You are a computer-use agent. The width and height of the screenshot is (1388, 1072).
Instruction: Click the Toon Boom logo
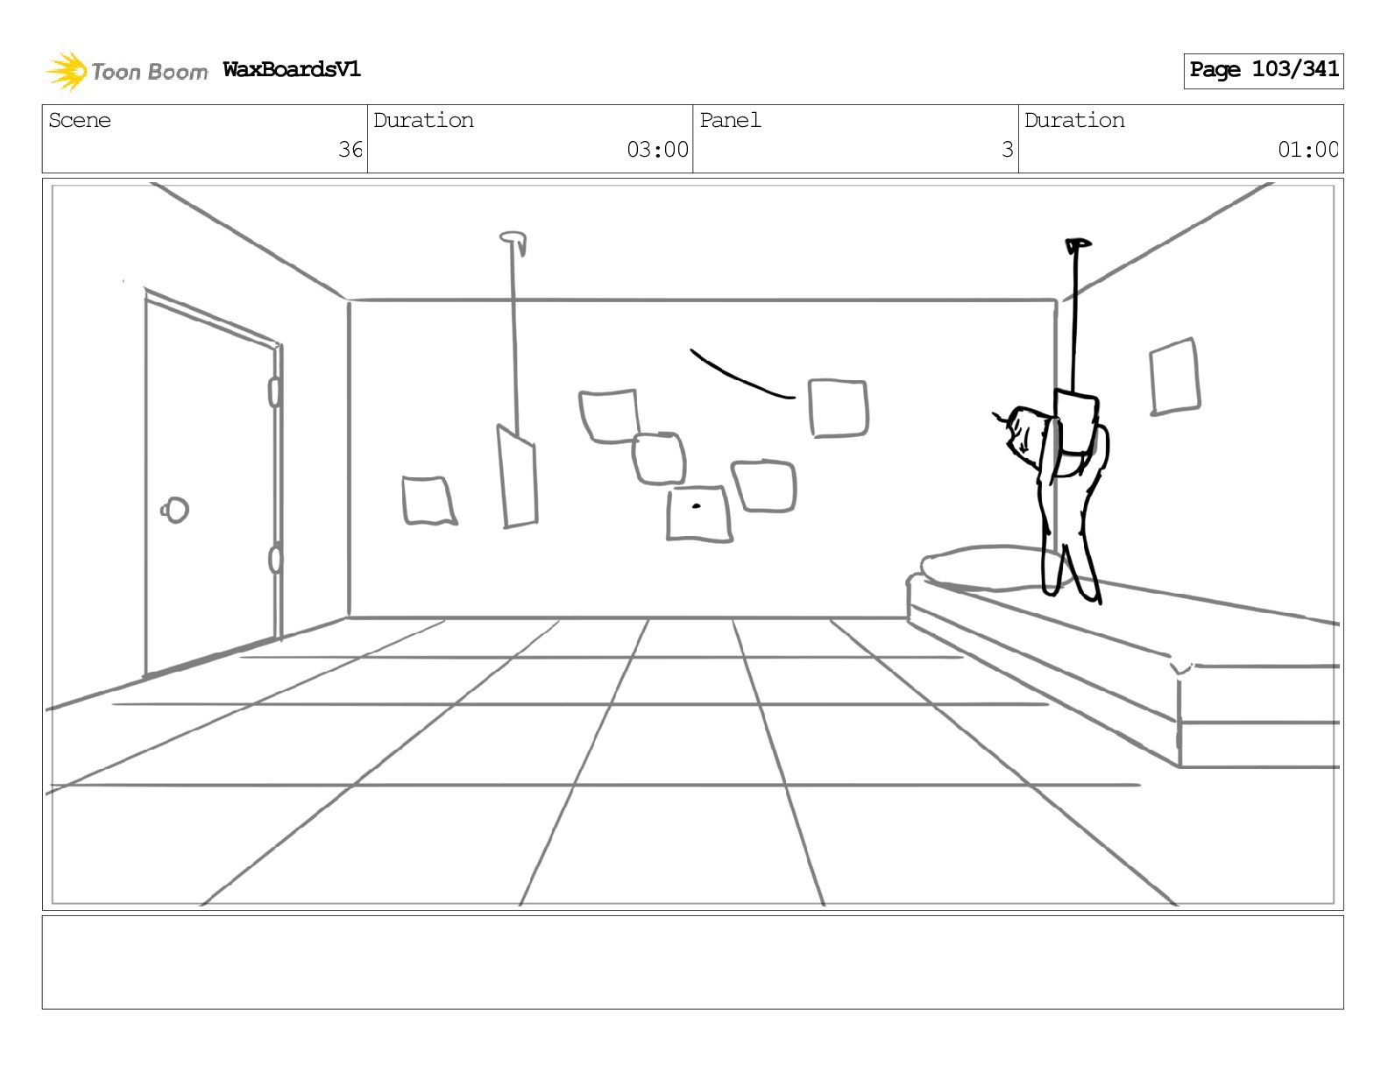pos(127,71)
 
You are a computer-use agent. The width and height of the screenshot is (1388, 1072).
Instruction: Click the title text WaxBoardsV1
pos(292,69)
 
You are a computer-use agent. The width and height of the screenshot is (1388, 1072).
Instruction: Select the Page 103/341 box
pos(1263,70)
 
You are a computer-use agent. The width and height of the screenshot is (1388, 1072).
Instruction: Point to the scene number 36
pos(350,150)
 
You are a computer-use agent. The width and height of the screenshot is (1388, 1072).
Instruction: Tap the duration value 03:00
pos(657,150)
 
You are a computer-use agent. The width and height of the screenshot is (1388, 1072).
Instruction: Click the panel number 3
pos(1007,150)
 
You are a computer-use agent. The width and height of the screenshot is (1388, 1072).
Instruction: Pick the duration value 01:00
pos(1307,150)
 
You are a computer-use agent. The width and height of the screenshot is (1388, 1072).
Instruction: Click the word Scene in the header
pos(80,120)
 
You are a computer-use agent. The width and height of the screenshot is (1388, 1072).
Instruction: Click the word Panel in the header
pos(730,120)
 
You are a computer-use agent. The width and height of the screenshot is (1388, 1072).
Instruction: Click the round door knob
pos(176,509)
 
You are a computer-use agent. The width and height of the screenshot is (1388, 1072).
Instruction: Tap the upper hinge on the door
pos(274,391)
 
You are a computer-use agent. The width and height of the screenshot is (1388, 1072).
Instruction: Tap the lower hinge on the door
pos(275,558)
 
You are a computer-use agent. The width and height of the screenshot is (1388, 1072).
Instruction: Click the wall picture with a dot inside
pos(698,514)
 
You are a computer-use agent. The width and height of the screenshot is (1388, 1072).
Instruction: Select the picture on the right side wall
pos(1174,376)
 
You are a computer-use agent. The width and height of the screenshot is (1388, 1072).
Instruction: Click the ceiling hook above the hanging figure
pos(1077,244)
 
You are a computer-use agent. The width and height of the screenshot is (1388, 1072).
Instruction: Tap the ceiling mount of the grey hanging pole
pos(513,237)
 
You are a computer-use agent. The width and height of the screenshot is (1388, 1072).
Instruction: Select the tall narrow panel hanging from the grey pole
pos(518,477)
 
